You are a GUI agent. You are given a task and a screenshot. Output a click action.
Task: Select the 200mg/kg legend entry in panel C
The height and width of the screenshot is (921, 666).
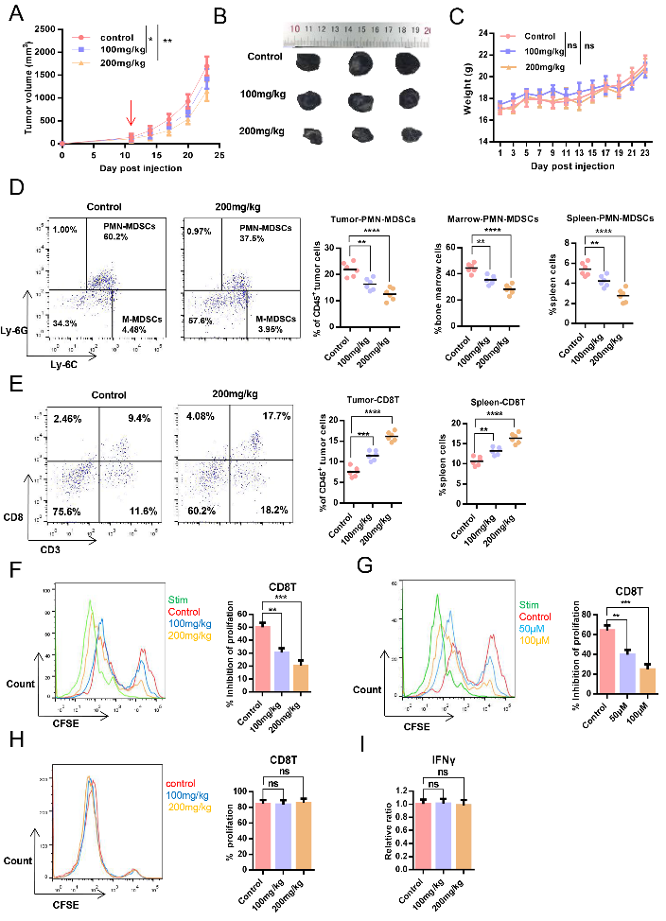point(543,67)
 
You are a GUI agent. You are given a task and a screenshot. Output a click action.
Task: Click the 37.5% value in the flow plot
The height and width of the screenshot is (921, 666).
point(242,237)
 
